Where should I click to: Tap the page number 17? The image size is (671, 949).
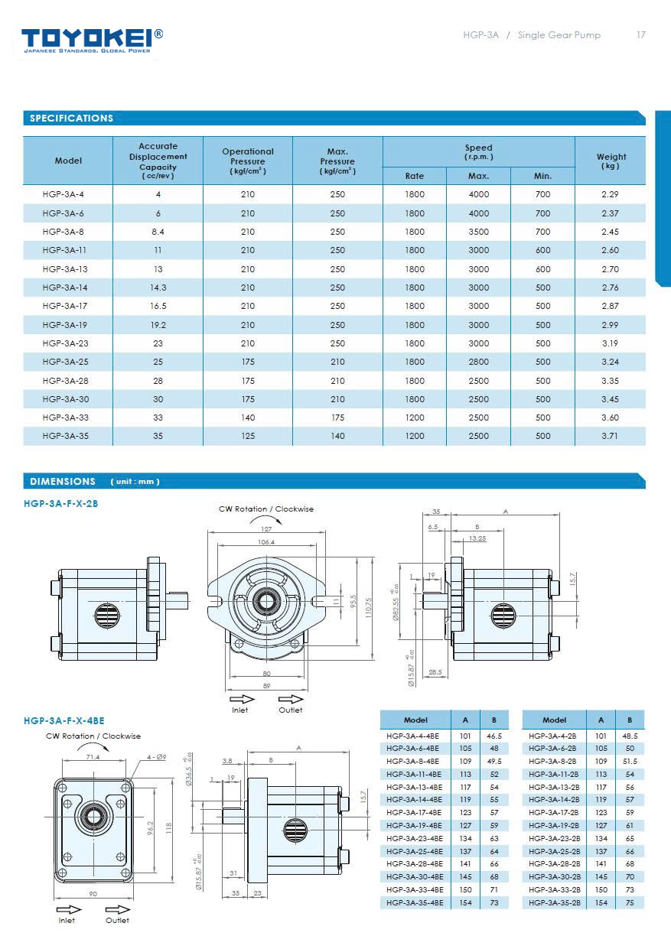(x=641, y=35)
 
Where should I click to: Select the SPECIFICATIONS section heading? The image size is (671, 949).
(x=71, y=119)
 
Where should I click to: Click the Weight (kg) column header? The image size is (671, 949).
(x=611, y=161)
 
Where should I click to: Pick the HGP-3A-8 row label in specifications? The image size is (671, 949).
(x=64, y=232)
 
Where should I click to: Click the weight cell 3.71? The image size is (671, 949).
(x=610, y=436)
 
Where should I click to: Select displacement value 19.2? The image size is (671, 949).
(x=158, y=325)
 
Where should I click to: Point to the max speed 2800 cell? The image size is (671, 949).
(x=479, y=362)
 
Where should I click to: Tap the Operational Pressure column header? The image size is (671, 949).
(x=248, y=161)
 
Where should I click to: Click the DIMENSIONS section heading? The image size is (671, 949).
(x=63, y=482)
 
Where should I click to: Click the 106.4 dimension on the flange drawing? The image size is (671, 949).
(x=266, y=542)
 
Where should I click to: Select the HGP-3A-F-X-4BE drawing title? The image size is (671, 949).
(x=64, y=720)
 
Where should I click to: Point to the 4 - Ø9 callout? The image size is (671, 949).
(x=157, y=757)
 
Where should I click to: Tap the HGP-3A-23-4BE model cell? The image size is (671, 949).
(x=414, y=838)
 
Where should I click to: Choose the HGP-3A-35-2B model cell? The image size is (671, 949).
(x=552, y=903)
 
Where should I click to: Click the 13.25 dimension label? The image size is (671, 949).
(x=477, y=538)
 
